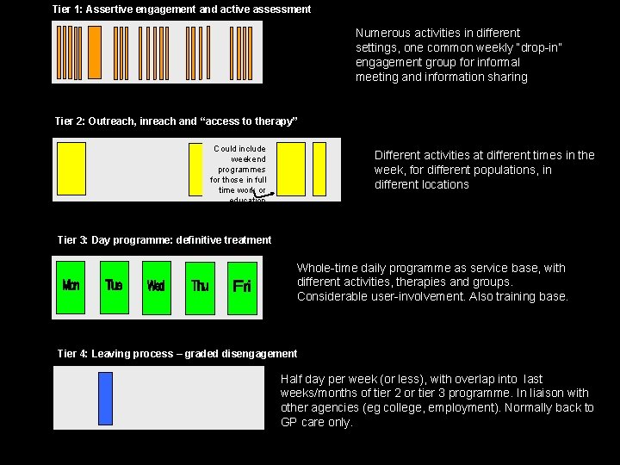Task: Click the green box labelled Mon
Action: point(71,286)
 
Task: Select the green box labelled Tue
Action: point(114,286)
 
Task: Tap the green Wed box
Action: point(156,286)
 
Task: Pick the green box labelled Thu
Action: point(201,286)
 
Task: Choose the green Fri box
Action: point(242,286)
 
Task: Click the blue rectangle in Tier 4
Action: point(105,398)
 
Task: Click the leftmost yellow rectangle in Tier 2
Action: point(71,169)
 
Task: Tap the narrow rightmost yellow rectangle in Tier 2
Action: point(319,169)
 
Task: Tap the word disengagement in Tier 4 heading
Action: point(260,353)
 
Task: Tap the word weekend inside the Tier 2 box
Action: point(249,159)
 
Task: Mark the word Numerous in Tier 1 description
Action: point(381,33)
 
